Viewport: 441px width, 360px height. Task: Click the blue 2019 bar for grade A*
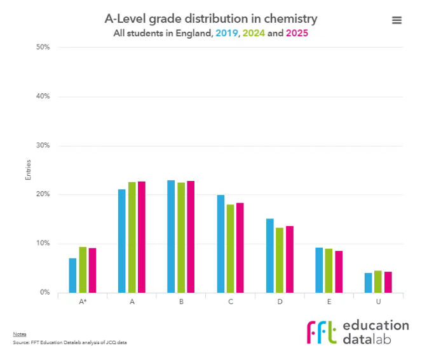point(72,276)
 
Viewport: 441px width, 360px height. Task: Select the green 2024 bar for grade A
point(132,237)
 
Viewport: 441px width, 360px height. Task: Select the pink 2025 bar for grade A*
point(92,270)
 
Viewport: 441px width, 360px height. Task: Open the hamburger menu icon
point(397,20)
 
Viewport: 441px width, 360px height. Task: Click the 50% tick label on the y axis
point(44,48)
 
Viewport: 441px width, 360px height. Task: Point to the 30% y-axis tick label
point(44,145)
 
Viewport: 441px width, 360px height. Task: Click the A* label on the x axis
point(83,302)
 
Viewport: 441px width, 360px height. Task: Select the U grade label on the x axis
point(378,302)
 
